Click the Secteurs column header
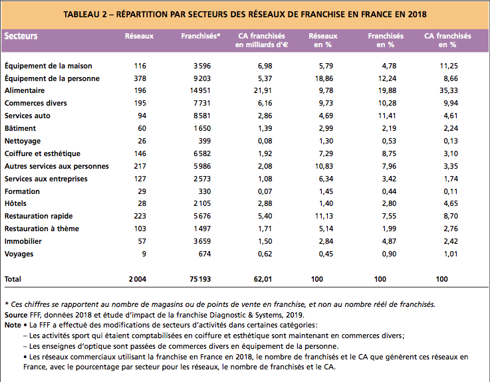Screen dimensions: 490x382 click(21, 36)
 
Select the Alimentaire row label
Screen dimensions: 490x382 click(25, 90)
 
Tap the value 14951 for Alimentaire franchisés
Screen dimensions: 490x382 click(200, 90)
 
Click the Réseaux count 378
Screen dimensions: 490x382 click(140, 78)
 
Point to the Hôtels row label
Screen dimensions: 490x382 click(15, 203)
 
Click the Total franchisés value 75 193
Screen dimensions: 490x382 click(200, 279)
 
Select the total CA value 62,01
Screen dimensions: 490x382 click(263, 279)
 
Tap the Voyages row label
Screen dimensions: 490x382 click(19, 254)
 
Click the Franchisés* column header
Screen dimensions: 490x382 click(201, 36)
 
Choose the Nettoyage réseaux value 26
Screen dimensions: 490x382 click(142, 141)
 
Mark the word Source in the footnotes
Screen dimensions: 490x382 click(16, 315)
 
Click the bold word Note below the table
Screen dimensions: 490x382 click(13, 325)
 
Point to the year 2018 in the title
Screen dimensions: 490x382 click(417, 15)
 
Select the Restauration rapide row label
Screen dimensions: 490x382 click(39, 216)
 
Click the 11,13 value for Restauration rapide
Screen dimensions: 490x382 click(324, 216)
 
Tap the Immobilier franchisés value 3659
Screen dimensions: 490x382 click(202, 241)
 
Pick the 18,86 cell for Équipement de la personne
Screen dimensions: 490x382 click(324, 78)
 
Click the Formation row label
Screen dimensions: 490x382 click(22, 191)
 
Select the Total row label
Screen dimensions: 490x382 click(13, 279)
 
